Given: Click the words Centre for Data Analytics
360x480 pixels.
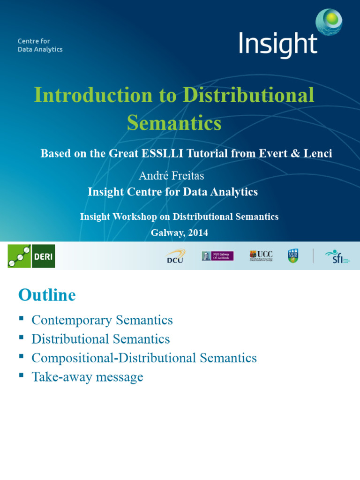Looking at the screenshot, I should [x=40, y=45].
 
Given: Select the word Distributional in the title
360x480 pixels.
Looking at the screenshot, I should [x=248, y=95].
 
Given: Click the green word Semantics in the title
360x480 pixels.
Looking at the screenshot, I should [x=174, y=123].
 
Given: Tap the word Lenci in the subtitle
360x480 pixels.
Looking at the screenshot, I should [x=318, y=153].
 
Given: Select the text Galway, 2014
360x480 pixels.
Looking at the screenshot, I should [x=179, y=232].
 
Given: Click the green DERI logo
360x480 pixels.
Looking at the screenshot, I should [x=31, y=256].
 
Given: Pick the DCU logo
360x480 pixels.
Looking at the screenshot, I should [x=175, y=256].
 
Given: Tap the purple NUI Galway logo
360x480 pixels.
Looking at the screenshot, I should [x=217, y=256].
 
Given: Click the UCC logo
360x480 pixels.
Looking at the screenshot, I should [x=261, y=255].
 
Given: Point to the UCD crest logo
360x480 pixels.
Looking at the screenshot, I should [x=293, y=255].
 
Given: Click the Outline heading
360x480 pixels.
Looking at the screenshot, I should [x=46, y=295].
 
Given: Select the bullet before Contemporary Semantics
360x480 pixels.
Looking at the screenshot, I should [x=21, y=318].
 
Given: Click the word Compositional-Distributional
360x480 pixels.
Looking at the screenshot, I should [x=114, y=358].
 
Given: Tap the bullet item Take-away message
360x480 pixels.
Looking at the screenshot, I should [x=87, y=377].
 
